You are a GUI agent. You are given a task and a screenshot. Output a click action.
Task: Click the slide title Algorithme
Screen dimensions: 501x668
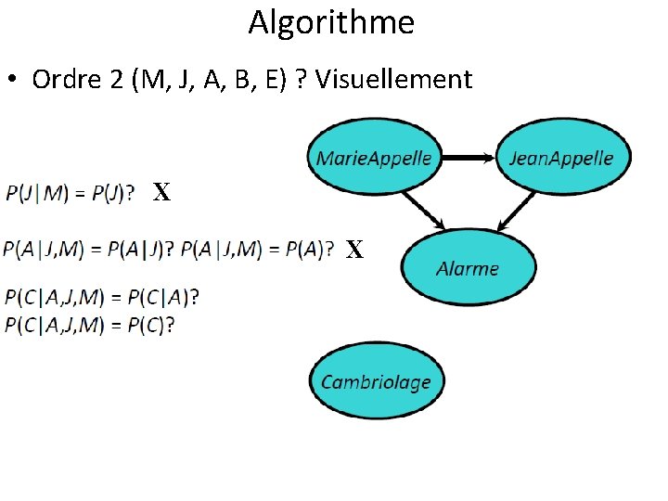tap(331, 22)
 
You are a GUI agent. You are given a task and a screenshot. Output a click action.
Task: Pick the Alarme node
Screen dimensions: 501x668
tap(468, 268)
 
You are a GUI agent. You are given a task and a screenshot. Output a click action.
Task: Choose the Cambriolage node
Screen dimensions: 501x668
tap(376, 382)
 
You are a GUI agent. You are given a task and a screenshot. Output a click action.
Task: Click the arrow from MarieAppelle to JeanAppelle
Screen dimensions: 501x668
tap(469, 158)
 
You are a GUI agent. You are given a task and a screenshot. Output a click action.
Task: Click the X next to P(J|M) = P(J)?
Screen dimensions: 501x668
tap(161, 193)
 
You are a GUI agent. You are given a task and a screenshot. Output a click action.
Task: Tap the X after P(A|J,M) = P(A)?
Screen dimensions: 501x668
tap(354, 249)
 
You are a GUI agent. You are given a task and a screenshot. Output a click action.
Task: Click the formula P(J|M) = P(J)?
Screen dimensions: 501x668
tap(70, 193)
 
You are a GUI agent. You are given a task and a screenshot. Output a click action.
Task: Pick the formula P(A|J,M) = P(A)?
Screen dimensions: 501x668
tap(257, 249)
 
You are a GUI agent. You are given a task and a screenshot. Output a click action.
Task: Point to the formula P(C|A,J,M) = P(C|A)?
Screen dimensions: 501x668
tap(102, 298)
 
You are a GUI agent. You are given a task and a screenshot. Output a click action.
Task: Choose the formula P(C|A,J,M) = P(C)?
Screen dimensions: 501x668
tap(90, 324)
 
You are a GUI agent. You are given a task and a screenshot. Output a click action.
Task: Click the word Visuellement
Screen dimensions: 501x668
tap(393, 80)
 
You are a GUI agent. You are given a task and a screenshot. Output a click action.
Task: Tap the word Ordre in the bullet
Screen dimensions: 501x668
tap(67, 80)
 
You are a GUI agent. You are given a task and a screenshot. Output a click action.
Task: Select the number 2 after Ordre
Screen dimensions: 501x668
tap(116, 80)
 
